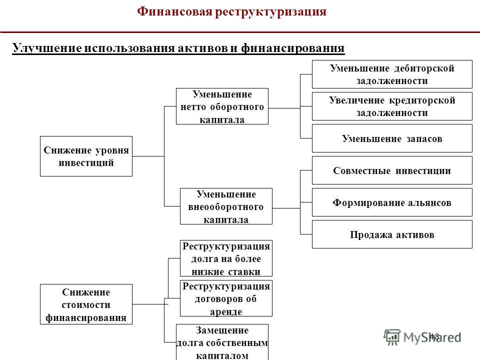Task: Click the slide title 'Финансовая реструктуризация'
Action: point(231,12)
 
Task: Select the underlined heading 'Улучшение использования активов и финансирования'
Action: point(178,48)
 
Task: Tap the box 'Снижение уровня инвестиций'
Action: point(86,156)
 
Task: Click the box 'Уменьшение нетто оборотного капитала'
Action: point(222,106)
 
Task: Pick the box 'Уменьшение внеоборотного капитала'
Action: point(226,206)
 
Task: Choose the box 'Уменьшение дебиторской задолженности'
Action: point(392,74)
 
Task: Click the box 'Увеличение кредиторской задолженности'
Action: point(392,106)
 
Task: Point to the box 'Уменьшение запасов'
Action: point(392,138)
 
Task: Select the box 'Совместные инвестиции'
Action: point(392,170)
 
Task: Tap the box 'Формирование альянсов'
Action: point(392,202)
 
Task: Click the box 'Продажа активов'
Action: point(392,234)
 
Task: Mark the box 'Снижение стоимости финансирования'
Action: point(86,304)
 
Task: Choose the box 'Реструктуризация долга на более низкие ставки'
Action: point(226,258)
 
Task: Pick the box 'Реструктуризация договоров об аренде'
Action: point(226,298)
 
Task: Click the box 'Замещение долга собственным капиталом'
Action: point(222,342)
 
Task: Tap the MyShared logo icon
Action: point(392,337)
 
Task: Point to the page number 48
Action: point(434,336)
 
